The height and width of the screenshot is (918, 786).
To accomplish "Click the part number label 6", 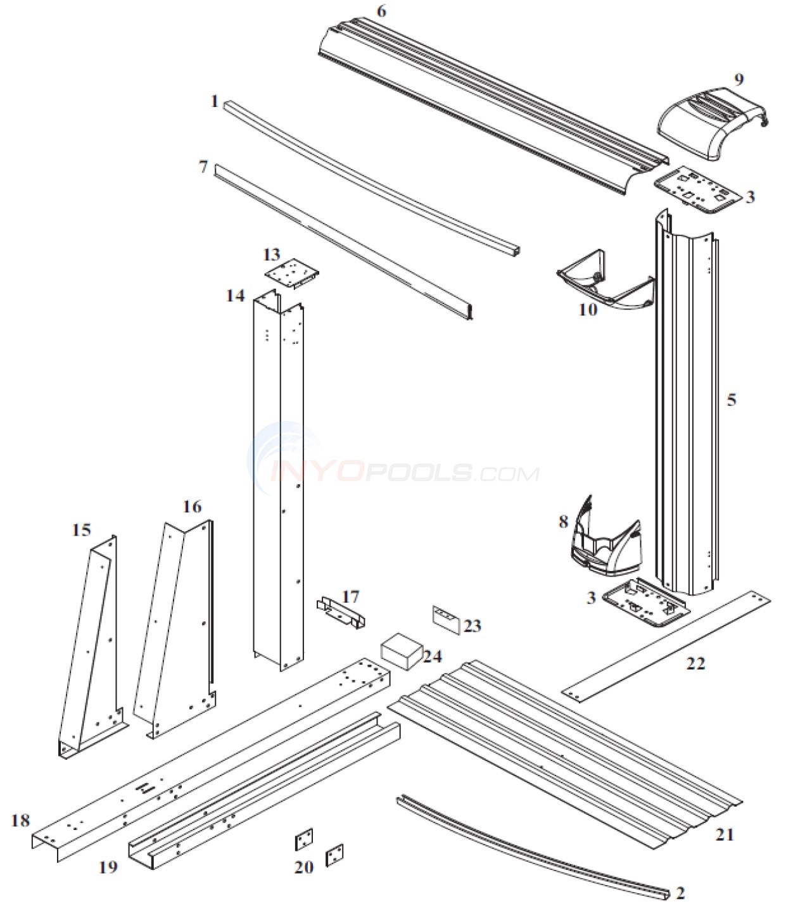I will pos(380,11).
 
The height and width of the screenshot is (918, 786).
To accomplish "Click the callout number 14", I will pos(235,295).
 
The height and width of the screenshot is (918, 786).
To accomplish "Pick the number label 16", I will pos(192,506).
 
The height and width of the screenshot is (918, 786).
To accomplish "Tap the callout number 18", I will pos(20,821).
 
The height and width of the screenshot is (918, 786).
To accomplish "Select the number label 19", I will pos(108,867).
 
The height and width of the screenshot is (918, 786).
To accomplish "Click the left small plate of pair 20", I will pos(304,842).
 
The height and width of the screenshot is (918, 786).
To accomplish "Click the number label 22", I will pos(695,663).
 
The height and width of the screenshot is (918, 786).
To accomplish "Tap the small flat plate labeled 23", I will pos(446,619).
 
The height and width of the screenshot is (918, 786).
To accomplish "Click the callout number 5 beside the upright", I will pos(732,400).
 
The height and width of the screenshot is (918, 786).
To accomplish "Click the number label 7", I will pos(203,168).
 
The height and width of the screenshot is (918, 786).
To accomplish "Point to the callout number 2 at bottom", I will pos(680,893).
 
